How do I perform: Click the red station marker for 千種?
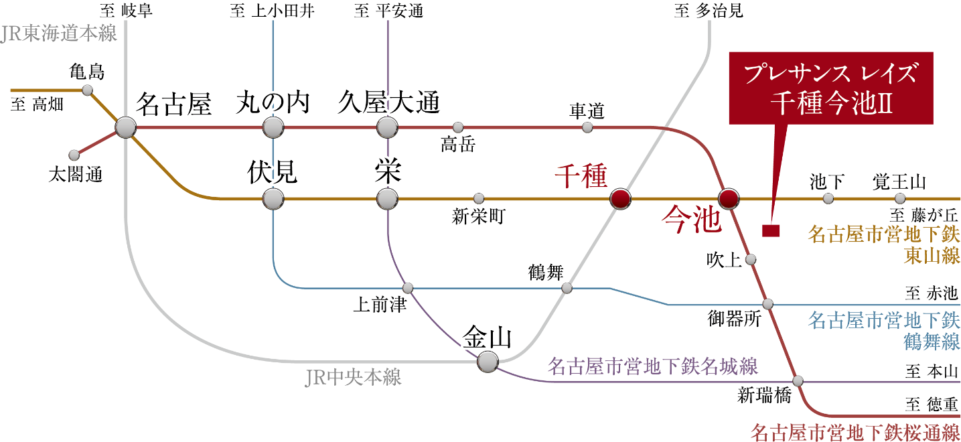click(621, 198)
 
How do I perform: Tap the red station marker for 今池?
click(729, 198)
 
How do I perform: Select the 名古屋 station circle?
click(126, 127)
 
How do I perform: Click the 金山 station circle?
click(488, 362)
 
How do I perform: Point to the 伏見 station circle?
click(273, 198)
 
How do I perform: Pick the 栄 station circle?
click(387, 198)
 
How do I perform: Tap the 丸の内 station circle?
click(273, 127)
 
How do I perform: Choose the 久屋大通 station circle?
click(387, 127)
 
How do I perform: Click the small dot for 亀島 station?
click(87, 90)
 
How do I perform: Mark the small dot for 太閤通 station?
click(74, 155)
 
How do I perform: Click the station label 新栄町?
click(478, 216)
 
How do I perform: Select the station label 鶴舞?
click(546, 273)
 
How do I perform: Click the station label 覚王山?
click(899, 181)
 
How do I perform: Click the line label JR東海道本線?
click(59, 34)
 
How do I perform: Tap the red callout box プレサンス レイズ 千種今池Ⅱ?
click(830, 88)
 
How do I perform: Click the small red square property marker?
click(771, 230)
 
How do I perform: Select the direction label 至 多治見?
click(709, 11)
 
